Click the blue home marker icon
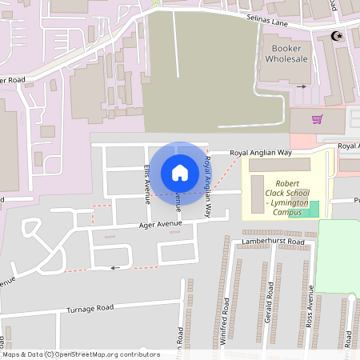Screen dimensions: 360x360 [x=179, y=172]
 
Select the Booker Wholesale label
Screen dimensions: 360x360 [x=286, y=53]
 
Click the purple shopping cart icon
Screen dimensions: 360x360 [x=318, y=120]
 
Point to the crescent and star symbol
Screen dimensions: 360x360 [x=337, y=35]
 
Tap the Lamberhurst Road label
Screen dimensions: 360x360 [x=274, y=241]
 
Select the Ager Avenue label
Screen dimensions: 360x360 [x=159, y=225]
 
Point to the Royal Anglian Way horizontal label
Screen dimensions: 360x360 [x=261, y=152]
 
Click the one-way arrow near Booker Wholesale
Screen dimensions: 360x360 [x=302, y=86]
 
